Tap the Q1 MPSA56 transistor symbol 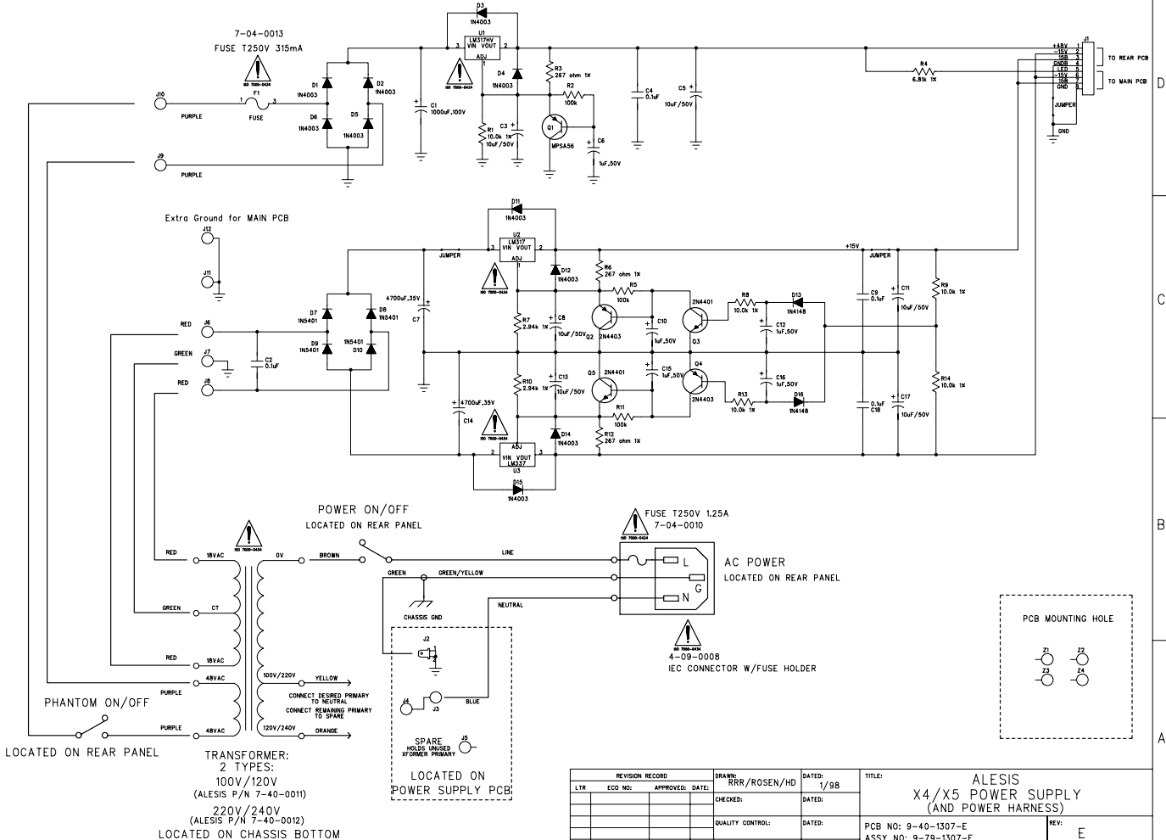[553, 127]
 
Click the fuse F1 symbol [257, 104]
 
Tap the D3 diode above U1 [481, 14]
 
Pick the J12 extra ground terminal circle [206, 238]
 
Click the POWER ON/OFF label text [363, 510]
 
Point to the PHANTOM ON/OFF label [97, 703]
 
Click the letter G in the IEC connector [697, 587]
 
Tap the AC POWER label [755, 563]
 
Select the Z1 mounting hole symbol [1047, 660]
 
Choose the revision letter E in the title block [1080, 833]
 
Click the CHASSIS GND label [423, 617]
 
